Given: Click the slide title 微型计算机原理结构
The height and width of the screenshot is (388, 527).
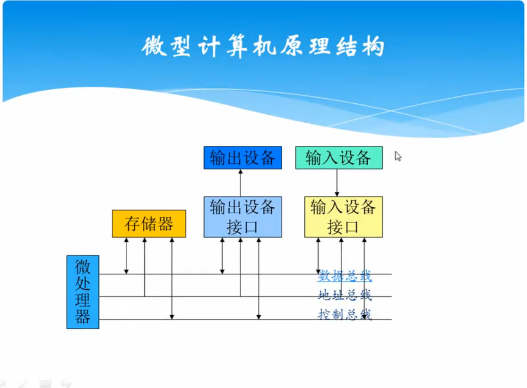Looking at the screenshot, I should coord(263,47).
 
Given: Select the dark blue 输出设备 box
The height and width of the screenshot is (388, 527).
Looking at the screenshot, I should coord(242,158).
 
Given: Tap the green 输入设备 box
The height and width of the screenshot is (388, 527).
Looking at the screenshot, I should coord(338,158).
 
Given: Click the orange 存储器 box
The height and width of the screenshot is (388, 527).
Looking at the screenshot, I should coord(149,224).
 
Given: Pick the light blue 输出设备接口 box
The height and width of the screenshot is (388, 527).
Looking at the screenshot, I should coord(242,217).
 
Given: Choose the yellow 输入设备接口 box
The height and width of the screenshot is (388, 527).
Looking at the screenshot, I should coord(343,217).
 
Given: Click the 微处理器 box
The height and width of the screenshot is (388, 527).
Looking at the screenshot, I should coord(83,292).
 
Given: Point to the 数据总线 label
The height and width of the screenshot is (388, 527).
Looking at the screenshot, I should coord(345,276).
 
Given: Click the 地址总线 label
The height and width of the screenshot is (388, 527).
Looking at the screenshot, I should coord(345,295).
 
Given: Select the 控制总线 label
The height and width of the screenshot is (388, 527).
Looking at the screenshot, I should coord(345,314).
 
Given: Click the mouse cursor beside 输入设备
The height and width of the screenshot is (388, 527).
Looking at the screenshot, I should coord(398,156).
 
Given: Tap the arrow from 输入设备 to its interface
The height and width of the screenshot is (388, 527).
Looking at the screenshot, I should coord(337,183).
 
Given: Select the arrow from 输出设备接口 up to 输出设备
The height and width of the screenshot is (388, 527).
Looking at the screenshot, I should coord(240,183).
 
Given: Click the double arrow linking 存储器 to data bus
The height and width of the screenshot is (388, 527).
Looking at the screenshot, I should coord(126,255).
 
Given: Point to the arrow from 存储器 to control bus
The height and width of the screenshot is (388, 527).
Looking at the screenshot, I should coord(172,278).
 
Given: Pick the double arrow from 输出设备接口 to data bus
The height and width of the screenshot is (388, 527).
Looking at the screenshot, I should coord(222,255).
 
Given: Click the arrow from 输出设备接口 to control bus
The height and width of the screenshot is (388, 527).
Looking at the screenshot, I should coord(259,278).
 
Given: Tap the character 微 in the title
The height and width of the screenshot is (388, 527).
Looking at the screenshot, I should coord(153,47).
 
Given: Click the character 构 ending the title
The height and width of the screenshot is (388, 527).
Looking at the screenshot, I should coord(373,47).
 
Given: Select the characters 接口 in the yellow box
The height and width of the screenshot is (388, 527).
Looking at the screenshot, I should coord(343,227).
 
